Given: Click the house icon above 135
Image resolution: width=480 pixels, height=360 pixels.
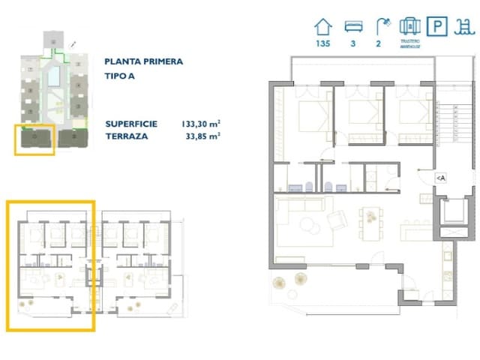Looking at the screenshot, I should [322, 27].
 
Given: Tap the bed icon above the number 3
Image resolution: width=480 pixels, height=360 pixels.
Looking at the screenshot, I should [351, 27].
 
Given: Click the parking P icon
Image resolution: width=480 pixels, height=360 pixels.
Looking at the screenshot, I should [436, 27].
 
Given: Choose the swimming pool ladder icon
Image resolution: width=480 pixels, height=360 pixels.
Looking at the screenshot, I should [465, 27].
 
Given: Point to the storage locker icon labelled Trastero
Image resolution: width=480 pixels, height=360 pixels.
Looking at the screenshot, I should [409, 27].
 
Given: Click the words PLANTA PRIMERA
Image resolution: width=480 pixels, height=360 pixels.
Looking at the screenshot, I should [143, 61].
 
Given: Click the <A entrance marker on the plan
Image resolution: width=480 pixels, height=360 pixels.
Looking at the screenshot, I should [440, 178].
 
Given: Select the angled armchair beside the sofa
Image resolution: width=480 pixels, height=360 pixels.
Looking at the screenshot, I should [337, 220].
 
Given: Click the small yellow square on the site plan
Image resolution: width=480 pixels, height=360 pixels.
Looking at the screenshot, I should [34, 140].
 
